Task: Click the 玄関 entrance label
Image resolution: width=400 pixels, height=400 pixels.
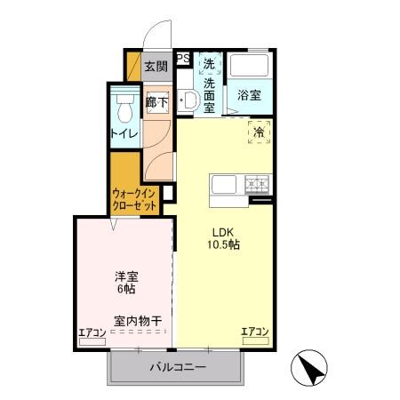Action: (156, 65)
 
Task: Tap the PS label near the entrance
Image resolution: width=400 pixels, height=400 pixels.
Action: (183, 60)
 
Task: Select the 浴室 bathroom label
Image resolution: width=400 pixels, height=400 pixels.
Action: (248, 96)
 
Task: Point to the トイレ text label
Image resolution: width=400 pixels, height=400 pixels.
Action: (123, 133)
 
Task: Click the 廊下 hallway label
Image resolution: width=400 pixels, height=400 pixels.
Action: (156, 101)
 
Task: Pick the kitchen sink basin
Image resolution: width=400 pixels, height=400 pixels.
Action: (222, 186)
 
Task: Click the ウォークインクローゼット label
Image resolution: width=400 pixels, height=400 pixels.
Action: (135, 198)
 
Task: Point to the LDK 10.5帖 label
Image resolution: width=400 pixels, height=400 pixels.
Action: (223, 237)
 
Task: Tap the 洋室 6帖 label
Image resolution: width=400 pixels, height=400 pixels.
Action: (124, 283)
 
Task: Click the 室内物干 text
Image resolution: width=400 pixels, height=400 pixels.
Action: (138, 320)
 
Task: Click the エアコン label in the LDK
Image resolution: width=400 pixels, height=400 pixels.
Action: (255, 332)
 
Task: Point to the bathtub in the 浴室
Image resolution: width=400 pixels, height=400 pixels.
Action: (248, 68)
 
